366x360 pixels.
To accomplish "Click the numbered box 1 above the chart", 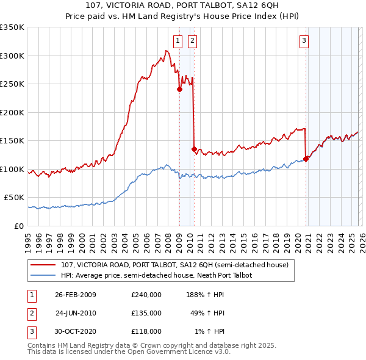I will pos(178,41).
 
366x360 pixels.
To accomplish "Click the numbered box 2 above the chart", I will pos(192,41).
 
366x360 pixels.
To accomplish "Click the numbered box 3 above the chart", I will pos(304,41).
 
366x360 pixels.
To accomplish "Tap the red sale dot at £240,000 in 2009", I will pos(179,89).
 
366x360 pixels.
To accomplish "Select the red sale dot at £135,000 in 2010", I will pos(194,148).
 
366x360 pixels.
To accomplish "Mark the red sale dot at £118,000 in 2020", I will pos(306,159).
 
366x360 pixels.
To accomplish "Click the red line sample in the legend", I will pos(45,265).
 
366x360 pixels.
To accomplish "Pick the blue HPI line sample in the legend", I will pos(45,275).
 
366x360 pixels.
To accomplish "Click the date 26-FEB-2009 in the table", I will pos(76,295).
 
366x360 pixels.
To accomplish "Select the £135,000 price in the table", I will pos(146,313).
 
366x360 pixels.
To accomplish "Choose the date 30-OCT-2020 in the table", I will pos(76,331).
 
